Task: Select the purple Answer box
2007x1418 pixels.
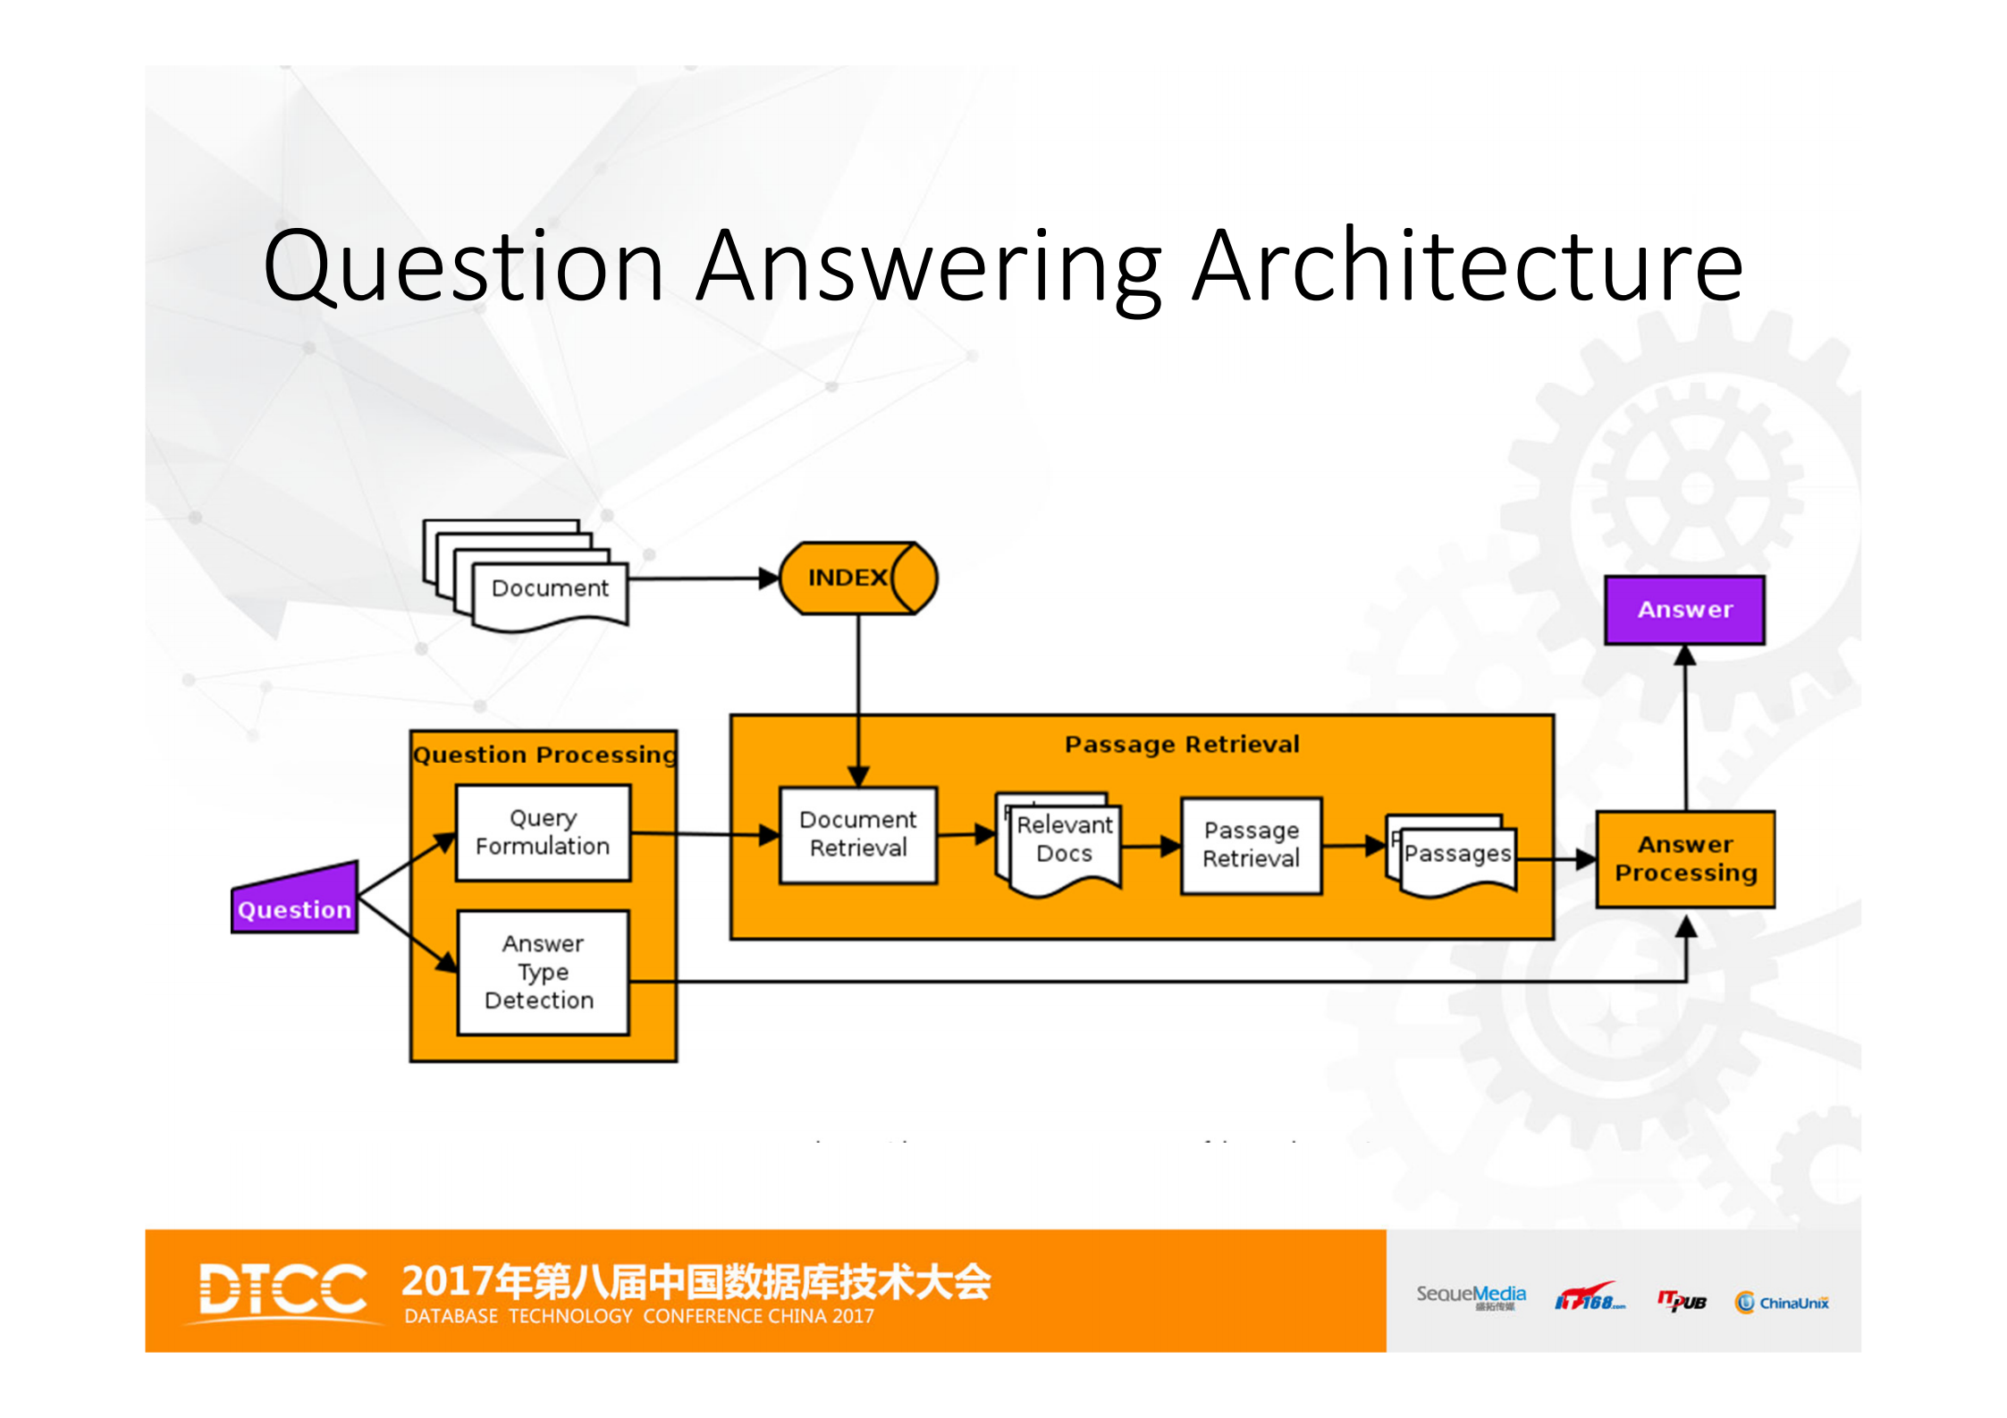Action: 1684,610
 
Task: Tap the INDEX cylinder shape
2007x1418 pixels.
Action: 856,578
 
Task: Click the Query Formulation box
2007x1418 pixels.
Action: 543,832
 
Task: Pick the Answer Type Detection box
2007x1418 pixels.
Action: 543,972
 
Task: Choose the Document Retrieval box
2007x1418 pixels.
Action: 857,834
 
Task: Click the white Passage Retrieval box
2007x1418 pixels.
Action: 1251,845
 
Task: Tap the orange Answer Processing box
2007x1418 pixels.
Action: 1685,859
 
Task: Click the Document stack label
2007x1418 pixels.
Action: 550,588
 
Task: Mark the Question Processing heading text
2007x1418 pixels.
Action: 544,755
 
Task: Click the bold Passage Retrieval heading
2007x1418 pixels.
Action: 1182,744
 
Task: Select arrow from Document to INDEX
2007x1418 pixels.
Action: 702,578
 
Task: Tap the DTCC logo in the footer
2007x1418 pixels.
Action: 282,1290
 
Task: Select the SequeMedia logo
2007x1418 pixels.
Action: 1471,1296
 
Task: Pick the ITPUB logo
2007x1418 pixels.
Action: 1682,1302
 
